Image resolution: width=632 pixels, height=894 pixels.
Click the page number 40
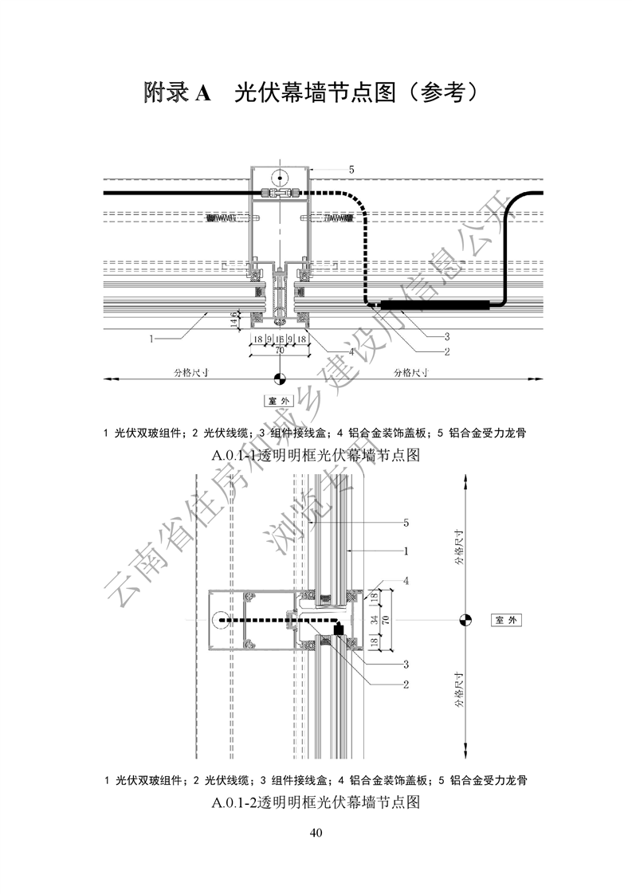pos(316,833)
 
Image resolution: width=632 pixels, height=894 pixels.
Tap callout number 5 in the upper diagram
pos(351,169)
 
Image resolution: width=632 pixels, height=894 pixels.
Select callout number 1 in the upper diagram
pos(151,339)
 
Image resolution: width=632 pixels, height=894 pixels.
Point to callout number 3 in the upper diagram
pos(447,335)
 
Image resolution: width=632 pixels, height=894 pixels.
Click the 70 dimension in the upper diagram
pos(279,349)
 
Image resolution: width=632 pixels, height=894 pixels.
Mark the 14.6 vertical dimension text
pos(234,320)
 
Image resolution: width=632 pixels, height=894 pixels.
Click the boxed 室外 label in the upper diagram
pos(279,401)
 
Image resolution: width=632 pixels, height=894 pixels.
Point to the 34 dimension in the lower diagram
pos(373,618)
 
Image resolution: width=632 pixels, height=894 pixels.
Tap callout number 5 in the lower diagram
pos(406,523)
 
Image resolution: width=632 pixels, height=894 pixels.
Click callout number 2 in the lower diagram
pos(406,684)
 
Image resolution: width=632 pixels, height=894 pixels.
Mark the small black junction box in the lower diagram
pos(338,629)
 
